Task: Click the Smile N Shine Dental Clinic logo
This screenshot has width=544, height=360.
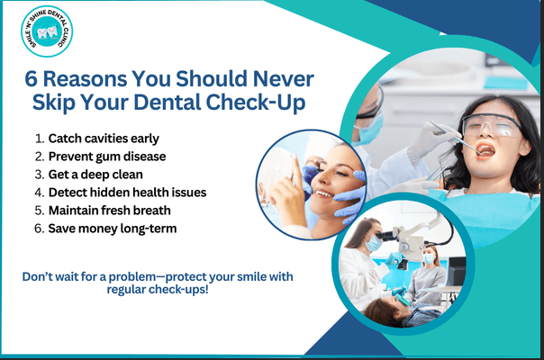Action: [50, 34]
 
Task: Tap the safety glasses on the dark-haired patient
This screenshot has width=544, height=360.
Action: [492, 126]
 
